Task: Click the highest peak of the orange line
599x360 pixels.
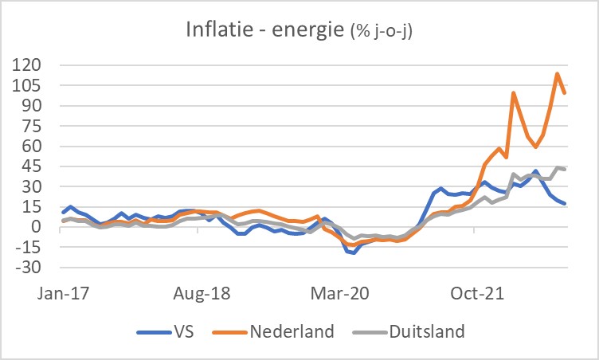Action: coord(557,74)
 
